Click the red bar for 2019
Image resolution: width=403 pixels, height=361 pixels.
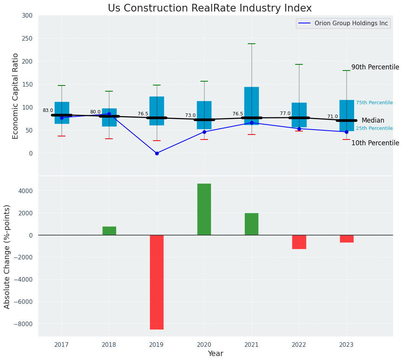pyautogui.click(x=157, y=282)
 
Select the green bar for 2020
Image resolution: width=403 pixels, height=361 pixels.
pyautogui.click(x=204, y=209)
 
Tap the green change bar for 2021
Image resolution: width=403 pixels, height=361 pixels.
pyautogui.click(x=252, y=224)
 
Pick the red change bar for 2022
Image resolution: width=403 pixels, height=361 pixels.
pyautogui.click(x=299, y=242)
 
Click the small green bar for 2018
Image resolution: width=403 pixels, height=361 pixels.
pyautogui.click(x=109, y=231)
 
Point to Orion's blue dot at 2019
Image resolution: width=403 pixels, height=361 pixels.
pyautogui.click(x=157, y=153)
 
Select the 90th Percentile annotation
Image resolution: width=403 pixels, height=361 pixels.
pyautogui.click(x=375, y=67)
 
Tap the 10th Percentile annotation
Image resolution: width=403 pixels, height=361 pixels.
pyautogui.click(x=375, y=143)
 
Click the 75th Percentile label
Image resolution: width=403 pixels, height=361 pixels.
pyautogui.click(x=374, y=103)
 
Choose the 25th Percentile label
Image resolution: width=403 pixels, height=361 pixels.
pyautogui.click(x=374, y=128)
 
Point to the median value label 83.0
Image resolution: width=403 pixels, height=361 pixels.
pyautogui.click(x=48, y=110)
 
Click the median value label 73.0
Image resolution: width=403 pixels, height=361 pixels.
pyautogui.click(x=190, y=115)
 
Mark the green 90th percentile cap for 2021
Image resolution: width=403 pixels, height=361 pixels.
pyautogui.click(x=252, y=44)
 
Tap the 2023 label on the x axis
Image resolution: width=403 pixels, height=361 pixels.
pyautogui.click(x=346, y=345)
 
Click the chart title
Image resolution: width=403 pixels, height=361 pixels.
pyautogui.click(x=210, y=8)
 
